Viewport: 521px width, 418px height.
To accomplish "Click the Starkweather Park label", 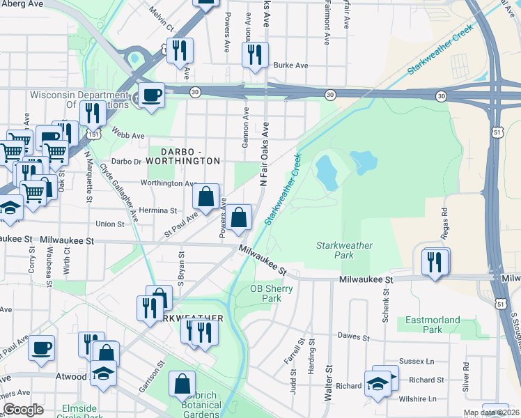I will [x=344, y=251].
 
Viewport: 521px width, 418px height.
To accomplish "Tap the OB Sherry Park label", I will [x=265, y=293].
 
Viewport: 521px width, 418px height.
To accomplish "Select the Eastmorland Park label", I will [x=433, y=325].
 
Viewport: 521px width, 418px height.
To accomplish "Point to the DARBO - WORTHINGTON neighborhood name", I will [x=180, y=155].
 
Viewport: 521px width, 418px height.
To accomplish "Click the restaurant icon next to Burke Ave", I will [x=255, y=53].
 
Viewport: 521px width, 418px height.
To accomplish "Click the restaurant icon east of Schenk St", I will [x=435, y=262].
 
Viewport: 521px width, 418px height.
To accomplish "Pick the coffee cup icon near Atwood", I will [x=41, y=346].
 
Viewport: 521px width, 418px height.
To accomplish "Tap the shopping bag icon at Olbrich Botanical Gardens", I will [x=182, y=383].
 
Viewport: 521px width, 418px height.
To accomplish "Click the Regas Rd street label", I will [x=444, y=206].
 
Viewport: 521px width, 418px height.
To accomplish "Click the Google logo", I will [x=23, y=410].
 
